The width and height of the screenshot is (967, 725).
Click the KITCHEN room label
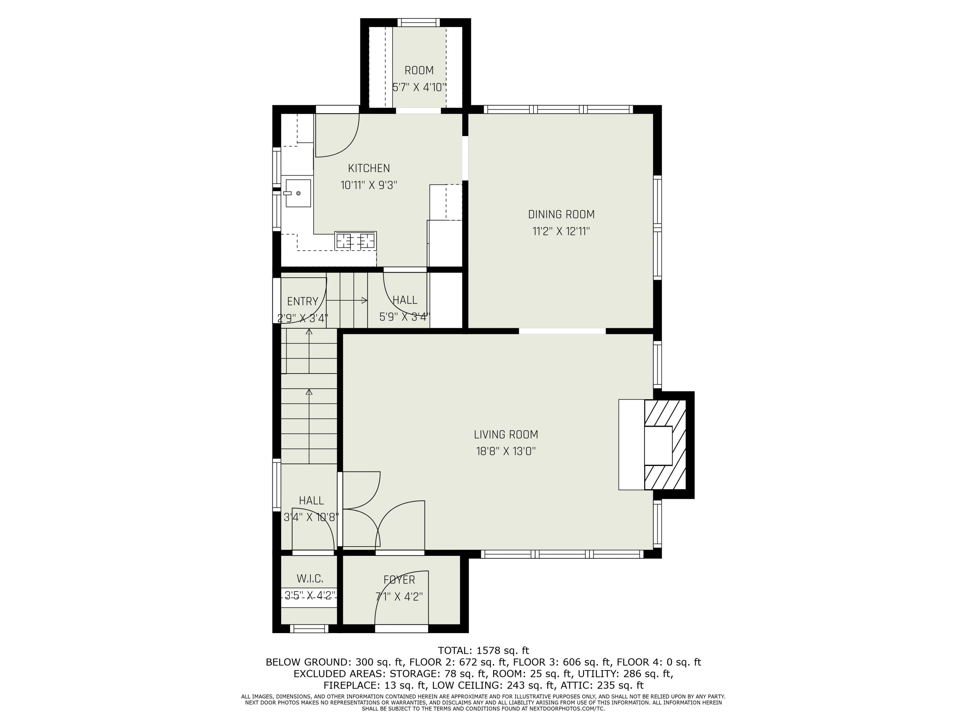pos(368,168)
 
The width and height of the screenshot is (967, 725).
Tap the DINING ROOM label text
pos(561,215)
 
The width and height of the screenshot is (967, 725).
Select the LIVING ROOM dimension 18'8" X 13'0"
pos(506,451)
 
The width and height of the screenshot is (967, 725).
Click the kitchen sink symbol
pos(298,193)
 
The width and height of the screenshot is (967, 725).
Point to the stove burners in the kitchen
pos(355,241)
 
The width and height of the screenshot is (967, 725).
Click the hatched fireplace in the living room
pos(664,444)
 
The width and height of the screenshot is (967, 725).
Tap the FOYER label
pos(399,580)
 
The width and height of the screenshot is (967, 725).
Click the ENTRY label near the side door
pos(303,302)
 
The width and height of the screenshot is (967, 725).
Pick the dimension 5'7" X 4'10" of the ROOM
pos(419,87)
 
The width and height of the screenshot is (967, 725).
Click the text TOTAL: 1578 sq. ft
pos(483,651)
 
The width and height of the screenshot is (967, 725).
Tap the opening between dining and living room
pos(562,331)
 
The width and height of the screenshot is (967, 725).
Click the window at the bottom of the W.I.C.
pos(309,628)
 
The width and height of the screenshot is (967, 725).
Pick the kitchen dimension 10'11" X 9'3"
pos(368,185)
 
